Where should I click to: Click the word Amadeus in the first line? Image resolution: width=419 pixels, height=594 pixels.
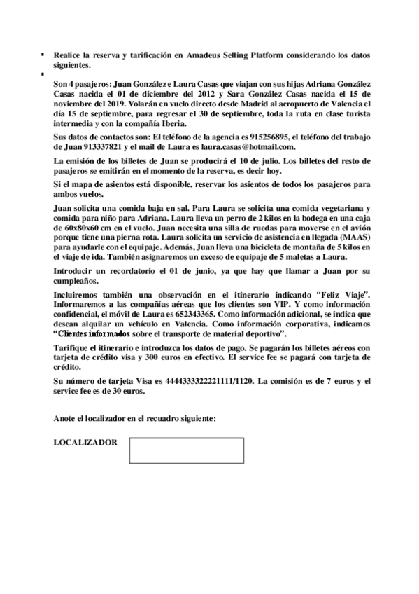click(200, 54)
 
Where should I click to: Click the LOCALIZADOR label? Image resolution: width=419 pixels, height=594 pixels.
click(85, 443)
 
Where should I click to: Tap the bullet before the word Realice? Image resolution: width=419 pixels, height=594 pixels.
click(43, 55)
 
